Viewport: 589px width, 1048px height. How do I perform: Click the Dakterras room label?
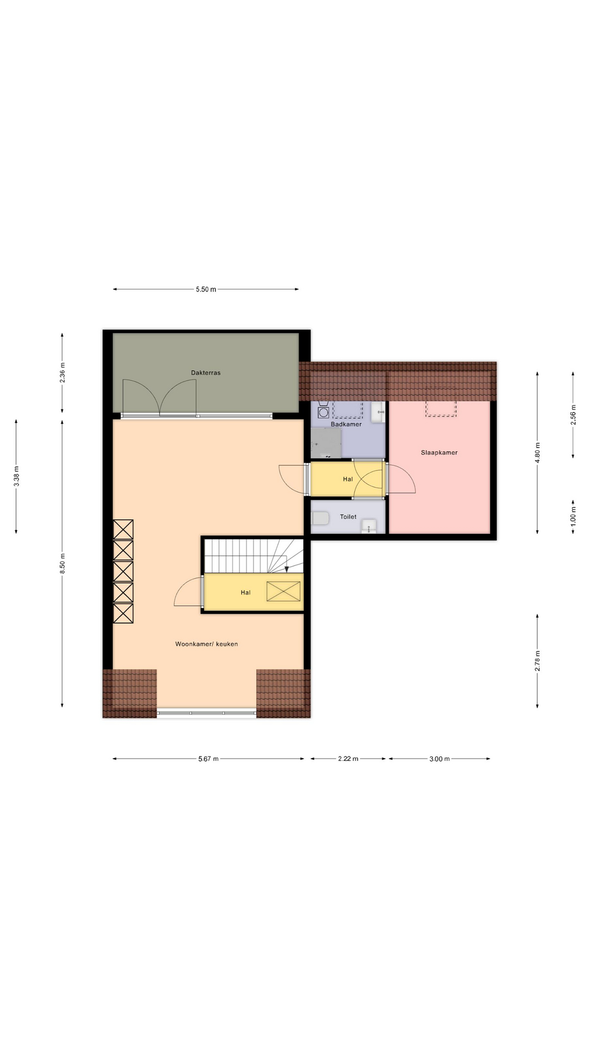(x=206, y=373)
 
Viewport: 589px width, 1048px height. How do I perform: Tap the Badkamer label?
(x=346, y=424)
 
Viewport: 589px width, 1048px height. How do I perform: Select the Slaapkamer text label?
(x=439, y=452)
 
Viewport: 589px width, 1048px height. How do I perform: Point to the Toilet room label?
(x=348, y=516)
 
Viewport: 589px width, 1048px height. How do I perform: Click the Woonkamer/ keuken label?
(x=206, y=644)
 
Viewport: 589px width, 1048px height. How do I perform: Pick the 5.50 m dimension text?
(x=206, y=289)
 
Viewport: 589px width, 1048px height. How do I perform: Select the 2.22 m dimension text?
(x=348, y=759)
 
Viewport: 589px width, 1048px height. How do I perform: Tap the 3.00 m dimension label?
(x=440, y=759)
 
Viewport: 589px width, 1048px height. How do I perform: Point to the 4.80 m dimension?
(x=537, y=452)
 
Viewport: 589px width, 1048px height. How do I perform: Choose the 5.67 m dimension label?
(x=208, y=759)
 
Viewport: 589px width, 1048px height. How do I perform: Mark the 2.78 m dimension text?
(x=537, y=660)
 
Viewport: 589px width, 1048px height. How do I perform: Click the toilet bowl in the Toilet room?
(x=321, y=518)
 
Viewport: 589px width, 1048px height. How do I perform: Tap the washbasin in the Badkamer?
(x=378, y=413)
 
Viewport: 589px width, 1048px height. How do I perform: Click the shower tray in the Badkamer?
(x=326, y=443)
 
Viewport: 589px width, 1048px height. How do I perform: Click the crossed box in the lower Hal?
(x=284, y=592)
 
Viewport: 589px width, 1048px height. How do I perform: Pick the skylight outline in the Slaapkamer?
(x=441, y=402)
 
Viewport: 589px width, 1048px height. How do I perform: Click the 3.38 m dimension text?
(x=16, y=476)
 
